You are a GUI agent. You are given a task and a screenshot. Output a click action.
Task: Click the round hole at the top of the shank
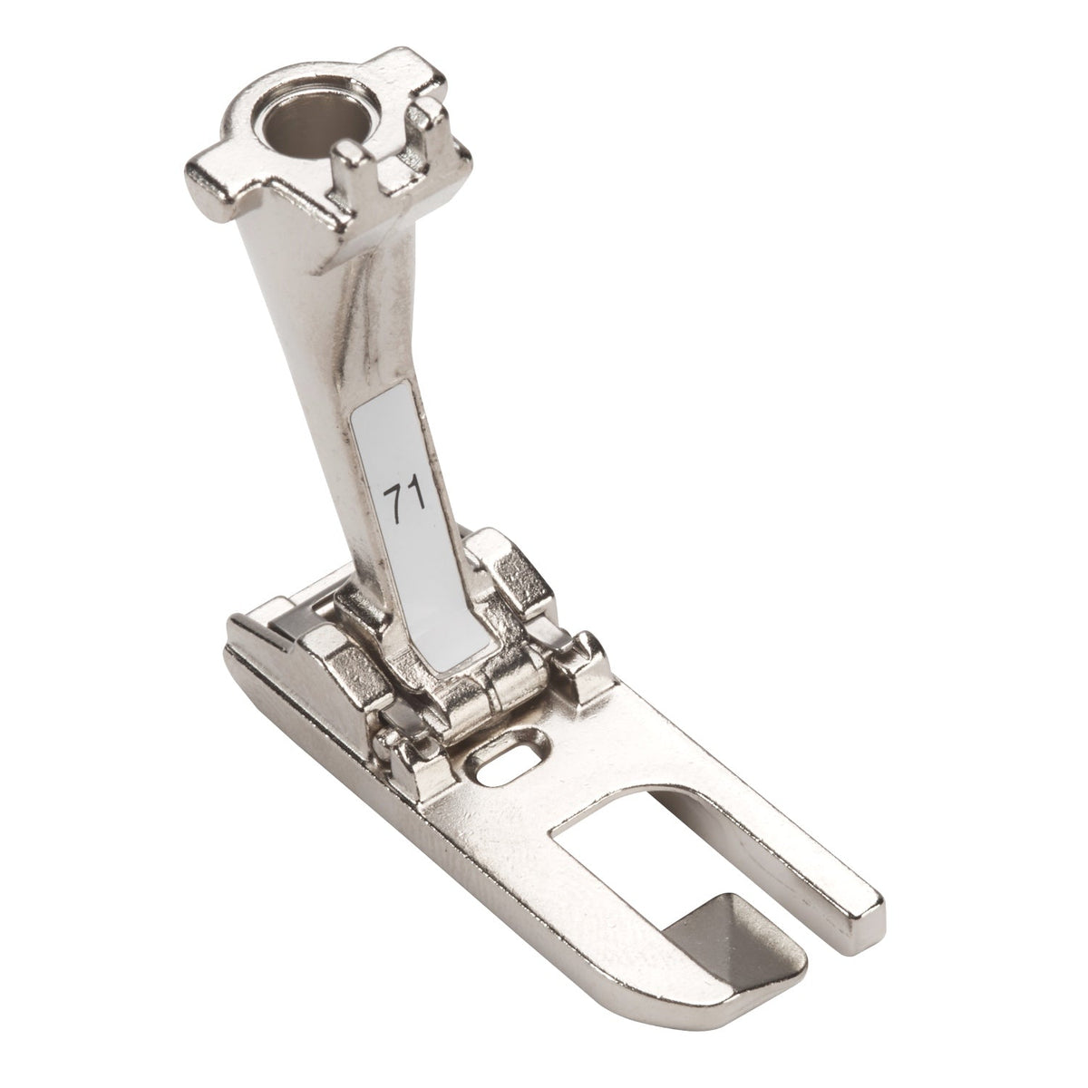[x=314, y=118]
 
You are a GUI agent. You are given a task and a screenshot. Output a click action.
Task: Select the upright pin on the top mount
[x=349, y=165]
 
